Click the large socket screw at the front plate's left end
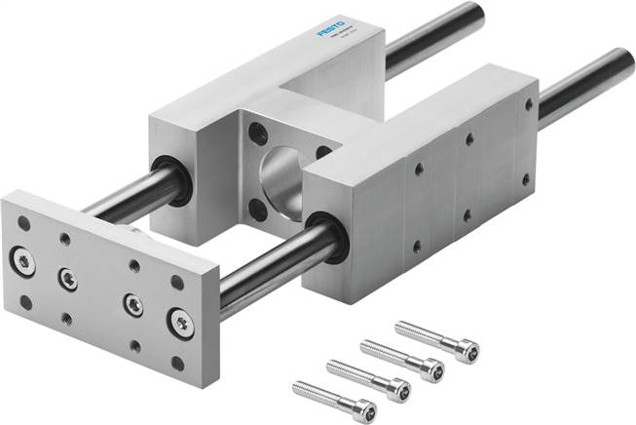click(x=21, y=258)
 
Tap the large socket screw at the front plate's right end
click(x=180, y=321)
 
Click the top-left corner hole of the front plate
click(x=23, y=223)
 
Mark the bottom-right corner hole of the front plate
click(x=177, y=363)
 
